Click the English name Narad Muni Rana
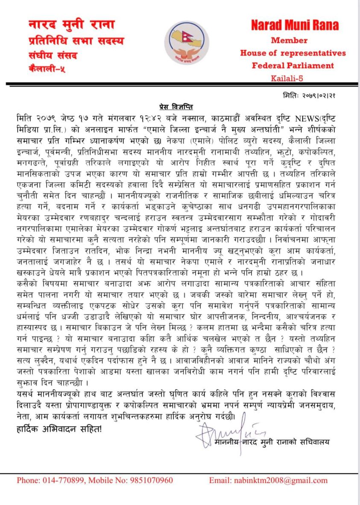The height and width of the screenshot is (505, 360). pos(295,26)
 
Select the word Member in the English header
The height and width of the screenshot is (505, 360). pos(289,41)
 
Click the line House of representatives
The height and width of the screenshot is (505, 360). pos(293,53)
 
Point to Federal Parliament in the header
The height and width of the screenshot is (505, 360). pos(293,65)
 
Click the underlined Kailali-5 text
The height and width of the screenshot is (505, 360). pos(289,78)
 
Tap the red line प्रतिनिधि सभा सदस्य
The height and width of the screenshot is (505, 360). pos(75,41)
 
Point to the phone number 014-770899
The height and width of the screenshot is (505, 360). pos(64,480)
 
